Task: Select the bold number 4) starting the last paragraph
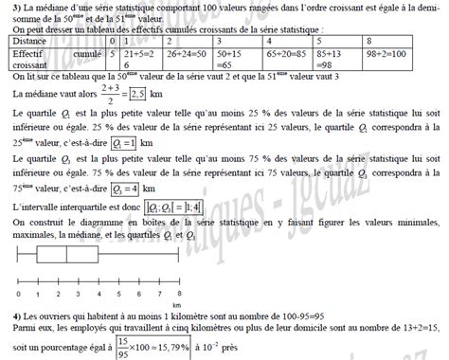[x=9, y=315]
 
